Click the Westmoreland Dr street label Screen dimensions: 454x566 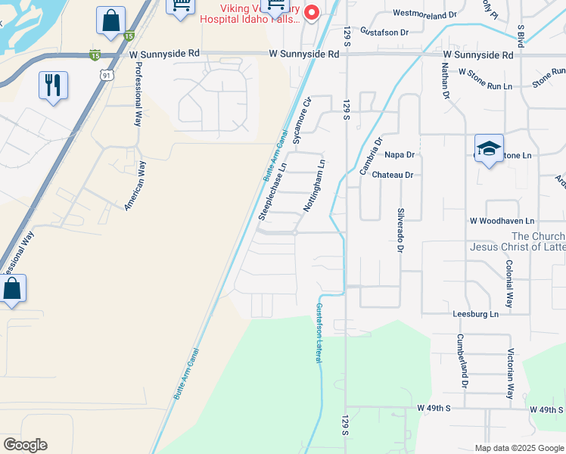click(425, 14)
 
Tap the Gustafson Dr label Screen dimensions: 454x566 click(384, 32)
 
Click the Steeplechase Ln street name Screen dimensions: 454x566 click(272, 192)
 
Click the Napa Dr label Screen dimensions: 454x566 click(400, 154)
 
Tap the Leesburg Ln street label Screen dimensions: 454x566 click(475, 313)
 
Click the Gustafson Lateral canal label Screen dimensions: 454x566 click(319, 331)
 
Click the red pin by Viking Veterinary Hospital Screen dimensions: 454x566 click(310, 13)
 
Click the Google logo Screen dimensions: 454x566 click(25, 445)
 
